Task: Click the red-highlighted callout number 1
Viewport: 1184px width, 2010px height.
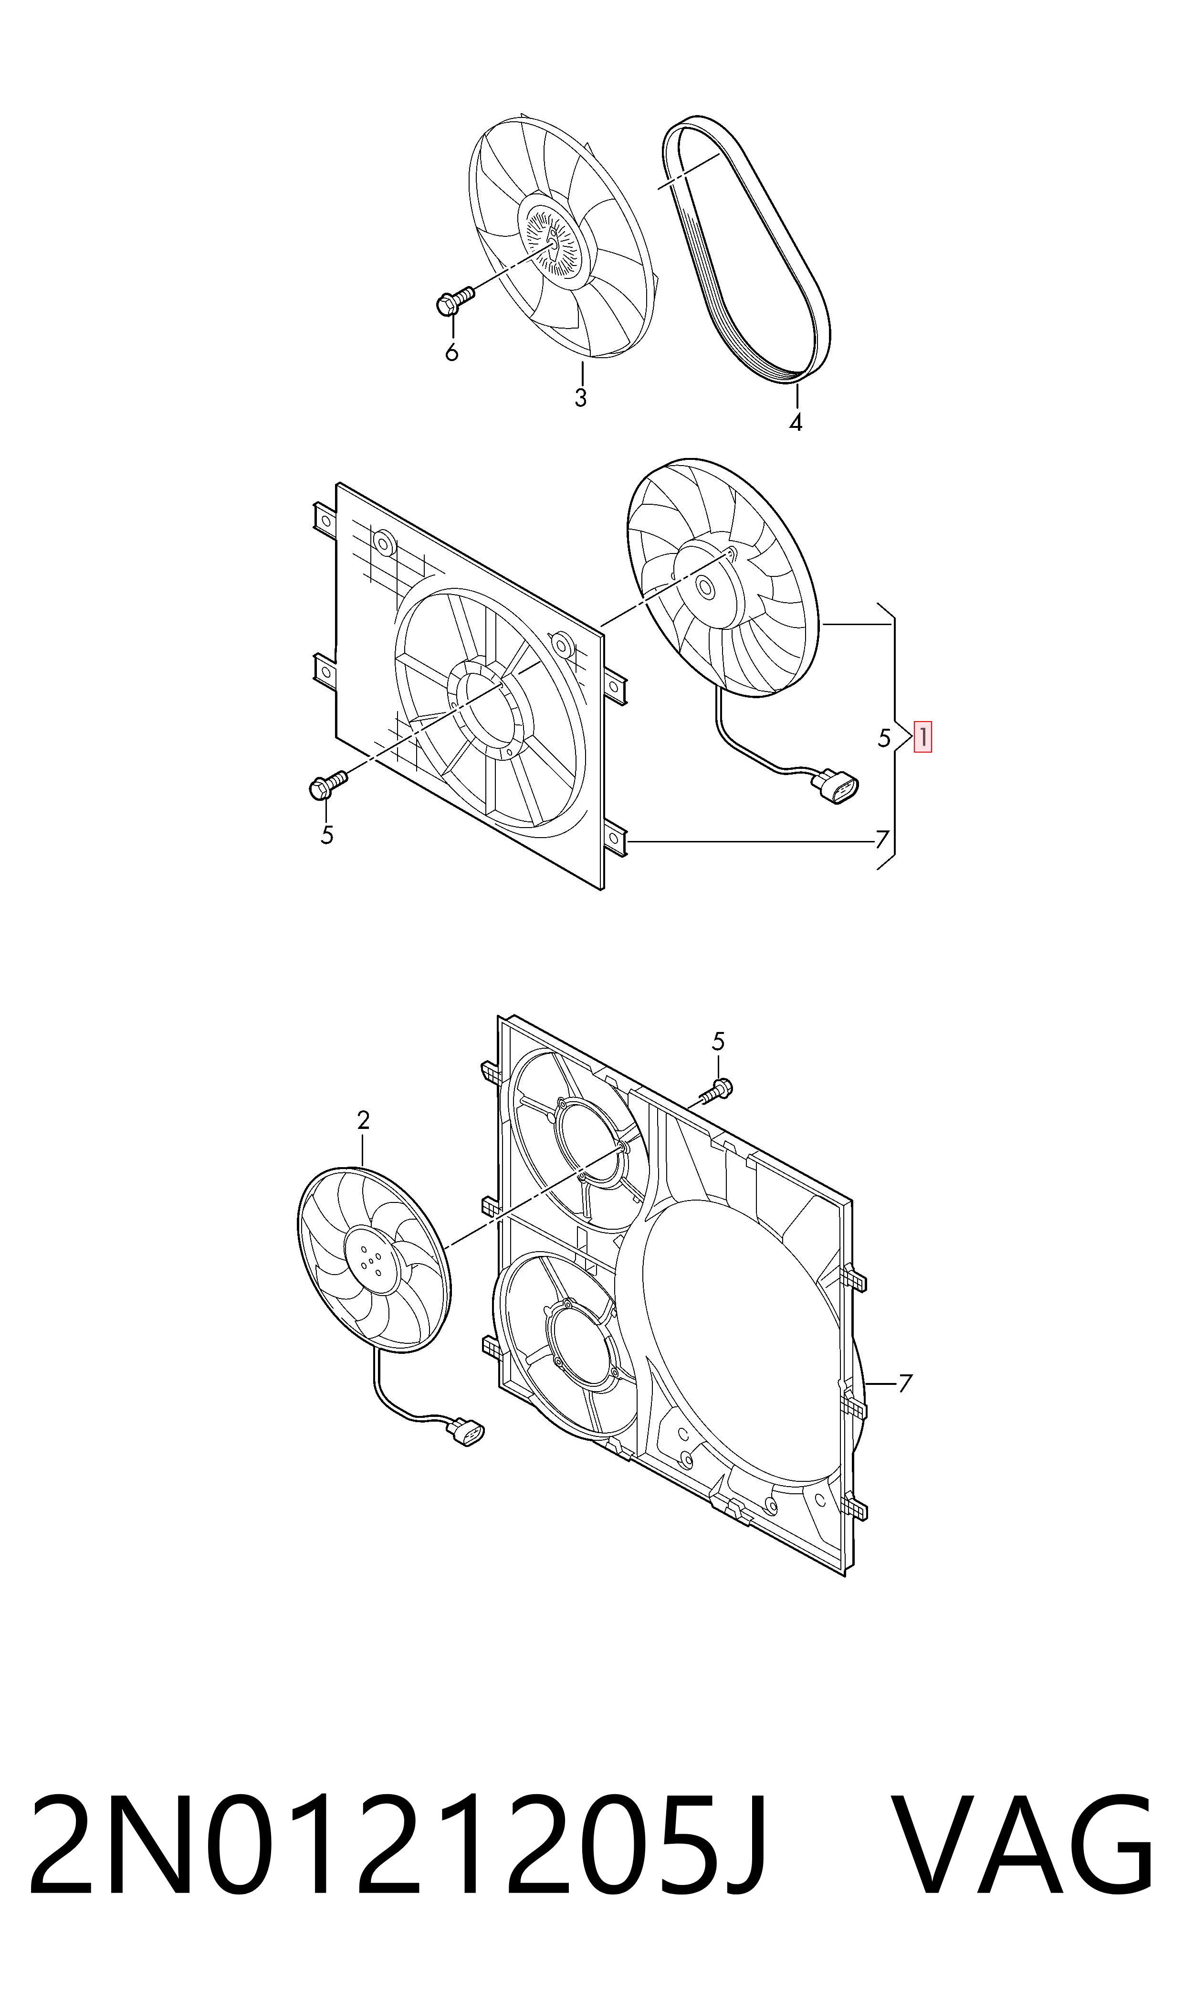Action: [922, 737]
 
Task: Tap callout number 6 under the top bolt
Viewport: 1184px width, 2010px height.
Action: [451, 352]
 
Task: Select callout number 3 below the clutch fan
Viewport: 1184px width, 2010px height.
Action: [581, 397]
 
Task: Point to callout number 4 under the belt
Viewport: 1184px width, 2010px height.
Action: [796, 422]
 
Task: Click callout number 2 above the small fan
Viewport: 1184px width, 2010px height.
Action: [363, 1120]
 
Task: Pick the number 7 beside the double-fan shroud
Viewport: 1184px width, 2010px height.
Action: [905, 1383]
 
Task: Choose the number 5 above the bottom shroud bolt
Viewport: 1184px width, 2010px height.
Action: [718, 1041]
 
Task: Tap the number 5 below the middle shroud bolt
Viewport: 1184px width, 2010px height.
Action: [327, 835]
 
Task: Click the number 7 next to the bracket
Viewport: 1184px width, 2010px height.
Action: [881, 840]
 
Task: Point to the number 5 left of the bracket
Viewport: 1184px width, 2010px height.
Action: [884, 738]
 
